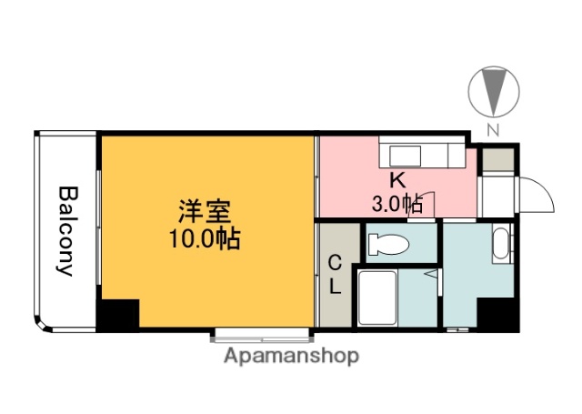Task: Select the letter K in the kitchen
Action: click(x=397, y=179)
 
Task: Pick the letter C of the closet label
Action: click(x=334, y=265)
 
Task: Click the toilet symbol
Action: click(x=389, y=244)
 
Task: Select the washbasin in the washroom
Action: click(x=500, y=244)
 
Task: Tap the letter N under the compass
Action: click(x=494, y=129)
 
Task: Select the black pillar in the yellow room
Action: click(x=118, y=315)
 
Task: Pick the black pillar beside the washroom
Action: click(x=497, y=314)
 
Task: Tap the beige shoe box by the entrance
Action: click(x=497, y=160)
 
